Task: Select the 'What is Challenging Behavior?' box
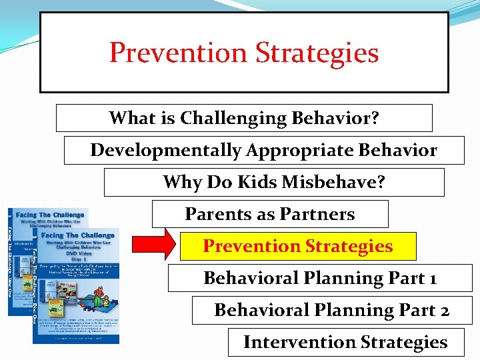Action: click(x=244, y=118)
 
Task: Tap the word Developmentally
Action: click(x=165, y=151)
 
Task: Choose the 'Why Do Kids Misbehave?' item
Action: click(x=274, y=182)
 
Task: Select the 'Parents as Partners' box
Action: click(x=270, y=214)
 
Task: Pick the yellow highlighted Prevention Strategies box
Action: click(x=298, y=246)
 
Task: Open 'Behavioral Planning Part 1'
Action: click(x=320, y=278)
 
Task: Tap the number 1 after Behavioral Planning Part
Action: click(x=433, y=279)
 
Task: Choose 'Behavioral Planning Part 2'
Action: click(x=332, y=310)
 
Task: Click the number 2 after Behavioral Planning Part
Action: click(x=443, y=311)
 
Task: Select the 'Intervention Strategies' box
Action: click(x=345, y=342)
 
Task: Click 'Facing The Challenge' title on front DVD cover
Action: click(x=78, y=235)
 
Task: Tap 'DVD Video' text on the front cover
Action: click(x=78, y=254)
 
